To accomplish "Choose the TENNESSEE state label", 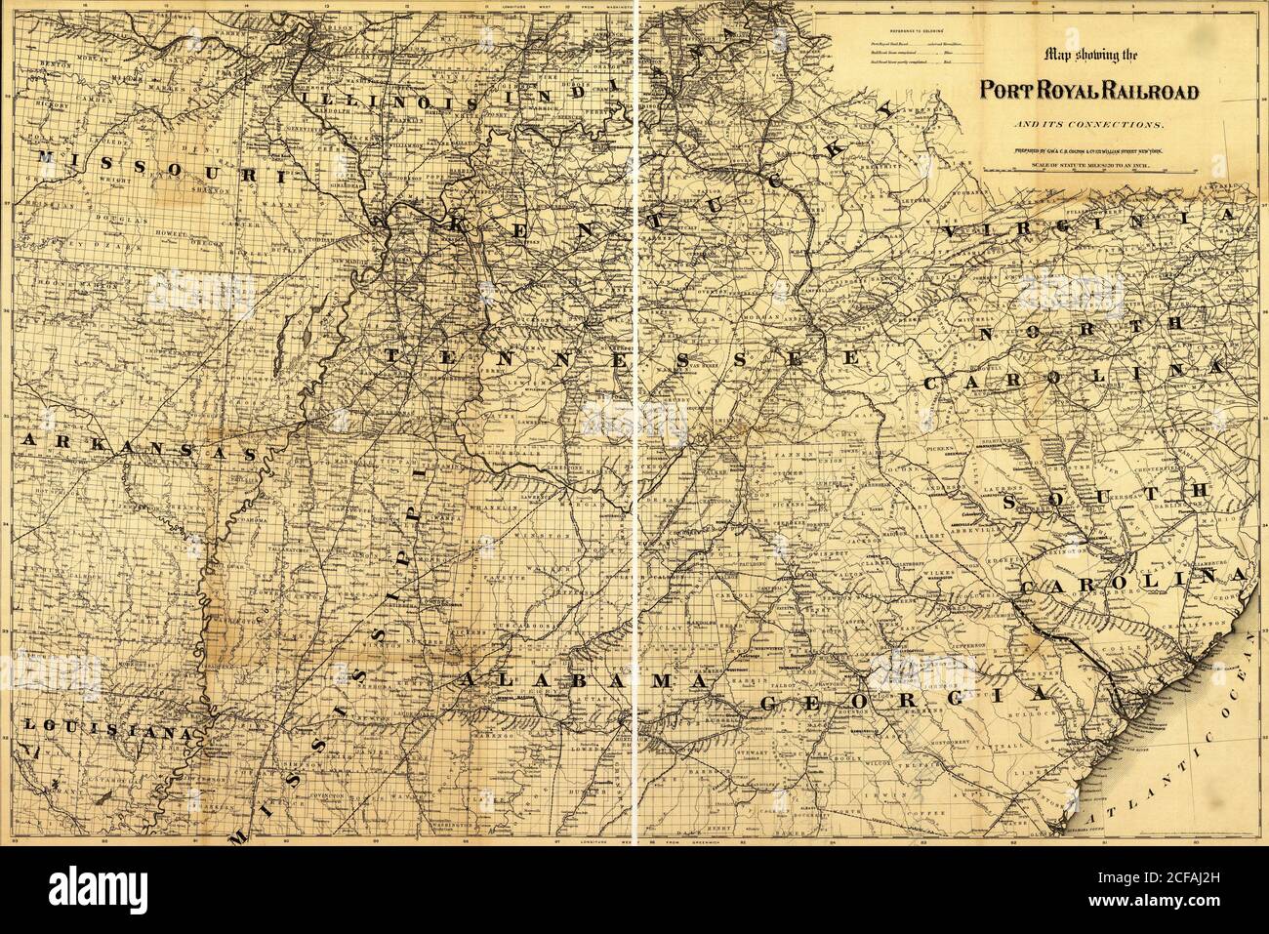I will tap(621, 358).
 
